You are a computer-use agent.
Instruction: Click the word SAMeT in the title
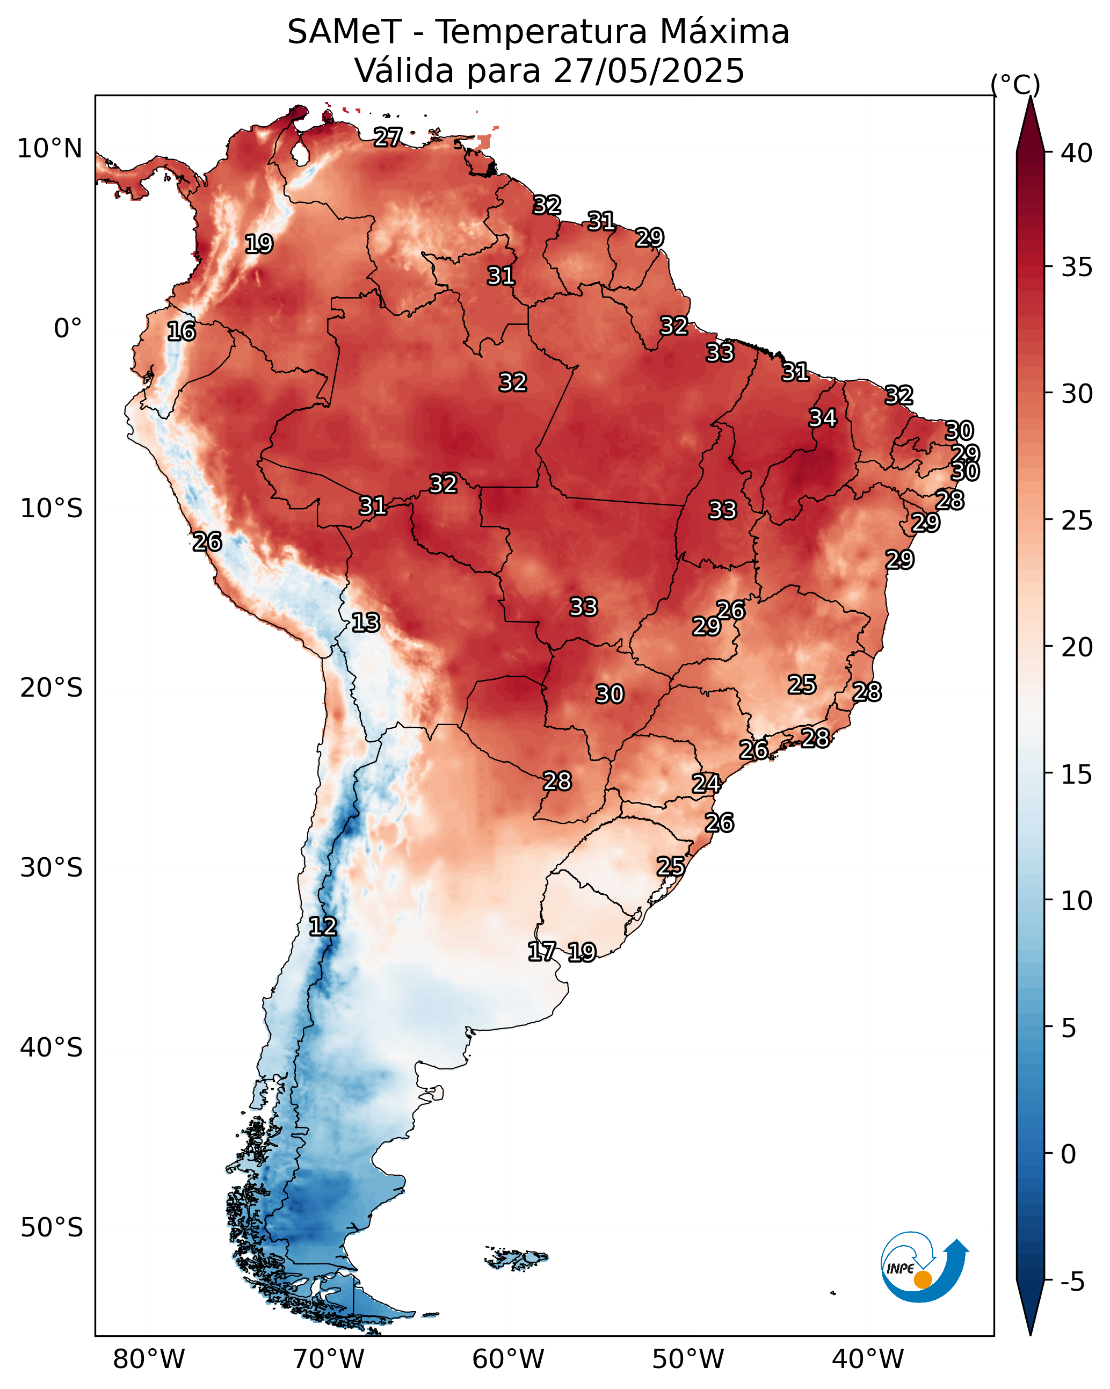point(344,32)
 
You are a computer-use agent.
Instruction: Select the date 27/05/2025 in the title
point(648,70)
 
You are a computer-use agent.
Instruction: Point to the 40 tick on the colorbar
point(1077,153)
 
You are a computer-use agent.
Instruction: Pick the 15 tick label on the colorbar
point(1077,775)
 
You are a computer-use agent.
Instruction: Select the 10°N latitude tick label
point(49,149)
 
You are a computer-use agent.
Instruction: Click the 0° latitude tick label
point(68,329)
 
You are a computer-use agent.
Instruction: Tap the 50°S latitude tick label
point(52,1228)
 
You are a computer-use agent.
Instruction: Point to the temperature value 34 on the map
point(823,418)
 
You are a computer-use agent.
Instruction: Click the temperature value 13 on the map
point(365,623)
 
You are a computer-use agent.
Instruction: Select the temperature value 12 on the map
point(323,927)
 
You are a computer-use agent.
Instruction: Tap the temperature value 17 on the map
point(542,951)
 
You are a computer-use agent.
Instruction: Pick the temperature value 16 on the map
point(181,331)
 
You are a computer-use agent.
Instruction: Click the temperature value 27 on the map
point(388,136)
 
